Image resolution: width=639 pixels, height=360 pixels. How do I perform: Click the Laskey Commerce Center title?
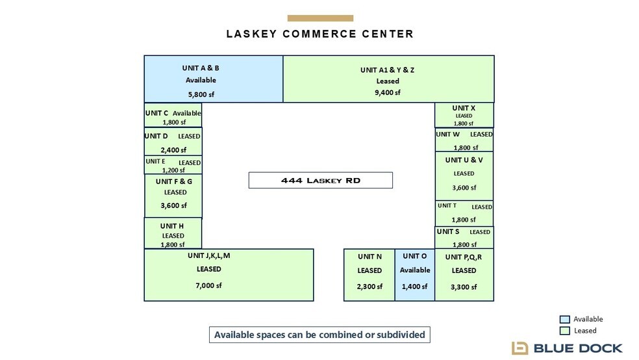(x=320, y=34)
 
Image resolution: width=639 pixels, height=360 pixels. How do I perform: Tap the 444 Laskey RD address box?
(x=321, y=180)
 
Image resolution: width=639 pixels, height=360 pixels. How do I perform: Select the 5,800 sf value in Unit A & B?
(x=201, y=95)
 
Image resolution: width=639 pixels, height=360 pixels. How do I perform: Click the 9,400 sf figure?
(x=388, y=92)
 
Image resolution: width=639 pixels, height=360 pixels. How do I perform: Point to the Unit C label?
(x=157, y=113)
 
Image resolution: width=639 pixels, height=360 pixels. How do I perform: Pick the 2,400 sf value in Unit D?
(x=173, y=150)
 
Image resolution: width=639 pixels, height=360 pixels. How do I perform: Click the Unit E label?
(x=155, y=161)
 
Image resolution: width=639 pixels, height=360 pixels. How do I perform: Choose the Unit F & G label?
(x=173, y=181)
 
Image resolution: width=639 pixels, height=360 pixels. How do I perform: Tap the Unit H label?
(x=171, y=226)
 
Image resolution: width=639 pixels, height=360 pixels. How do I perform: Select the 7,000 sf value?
(x=208, y=285)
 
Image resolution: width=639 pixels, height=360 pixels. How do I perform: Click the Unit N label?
(x=370, y=257)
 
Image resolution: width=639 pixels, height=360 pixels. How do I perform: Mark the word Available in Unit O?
(x=415, y=270)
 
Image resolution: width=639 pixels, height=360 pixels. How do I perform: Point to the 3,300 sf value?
(x=464, y=287)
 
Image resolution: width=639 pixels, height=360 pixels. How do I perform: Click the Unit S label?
(x=448, y=231)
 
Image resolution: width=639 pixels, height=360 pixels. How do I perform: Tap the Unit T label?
(x=447, y=205)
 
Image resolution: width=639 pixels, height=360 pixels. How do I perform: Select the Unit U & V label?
(x=464, y=161)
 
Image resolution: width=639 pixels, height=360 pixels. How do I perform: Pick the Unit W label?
(x=447, y=134)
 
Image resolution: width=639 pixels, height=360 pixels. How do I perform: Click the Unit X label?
(x=464, y=108)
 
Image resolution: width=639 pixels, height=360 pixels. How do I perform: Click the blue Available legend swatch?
(x=564, y=319)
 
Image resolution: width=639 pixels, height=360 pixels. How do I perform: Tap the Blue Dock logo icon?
(x=520, y=348)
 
